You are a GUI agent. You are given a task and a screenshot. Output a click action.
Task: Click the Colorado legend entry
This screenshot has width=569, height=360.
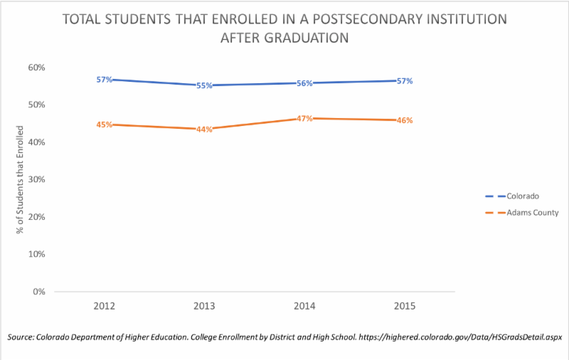click(523, 196)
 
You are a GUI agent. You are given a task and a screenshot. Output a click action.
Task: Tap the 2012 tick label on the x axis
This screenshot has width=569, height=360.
click(105, 305)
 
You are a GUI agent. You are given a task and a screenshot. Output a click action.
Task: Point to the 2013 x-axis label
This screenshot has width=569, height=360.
click(205, 305)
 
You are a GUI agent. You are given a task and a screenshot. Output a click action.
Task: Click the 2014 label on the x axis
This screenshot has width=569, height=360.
click(304, 305)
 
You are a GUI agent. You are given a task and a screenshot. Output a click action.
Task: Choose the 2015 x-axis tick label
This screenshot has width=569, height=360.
click(405, 305)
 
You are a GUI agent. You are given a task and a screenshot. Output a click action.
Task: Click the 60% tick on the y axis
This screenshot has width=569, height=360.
click(36, 68)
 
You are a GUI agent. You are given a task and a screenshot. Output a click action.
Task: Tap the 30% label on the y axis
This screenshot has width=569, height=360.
click(36, 179)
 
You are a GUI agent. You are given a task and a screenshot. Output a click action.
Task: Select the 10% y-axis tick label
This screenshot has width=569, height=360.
click(36, 254)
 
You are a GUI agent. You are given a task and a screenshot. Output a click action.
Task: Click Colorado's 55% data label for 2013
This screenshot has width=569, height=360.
click(205, 86)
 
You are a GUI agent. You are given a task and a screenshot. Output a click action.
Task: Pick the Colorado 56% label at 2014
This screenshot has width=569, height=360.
click(304, 83)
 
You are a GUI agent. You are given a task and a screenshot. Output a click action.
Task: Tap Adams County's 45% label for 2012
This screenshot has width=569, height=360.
click(105, 125)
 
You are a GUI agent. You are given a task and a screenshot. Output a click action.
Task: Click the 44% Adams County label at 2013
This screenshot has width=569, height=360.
click(205, 129)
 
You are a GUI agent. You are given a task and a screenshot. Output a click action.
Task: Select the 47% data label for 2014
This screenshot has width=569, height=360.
click(304, 118)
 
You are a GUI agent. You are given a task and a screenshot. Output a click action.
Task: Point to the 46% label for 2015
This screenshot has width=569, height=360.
click(405, 121)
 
